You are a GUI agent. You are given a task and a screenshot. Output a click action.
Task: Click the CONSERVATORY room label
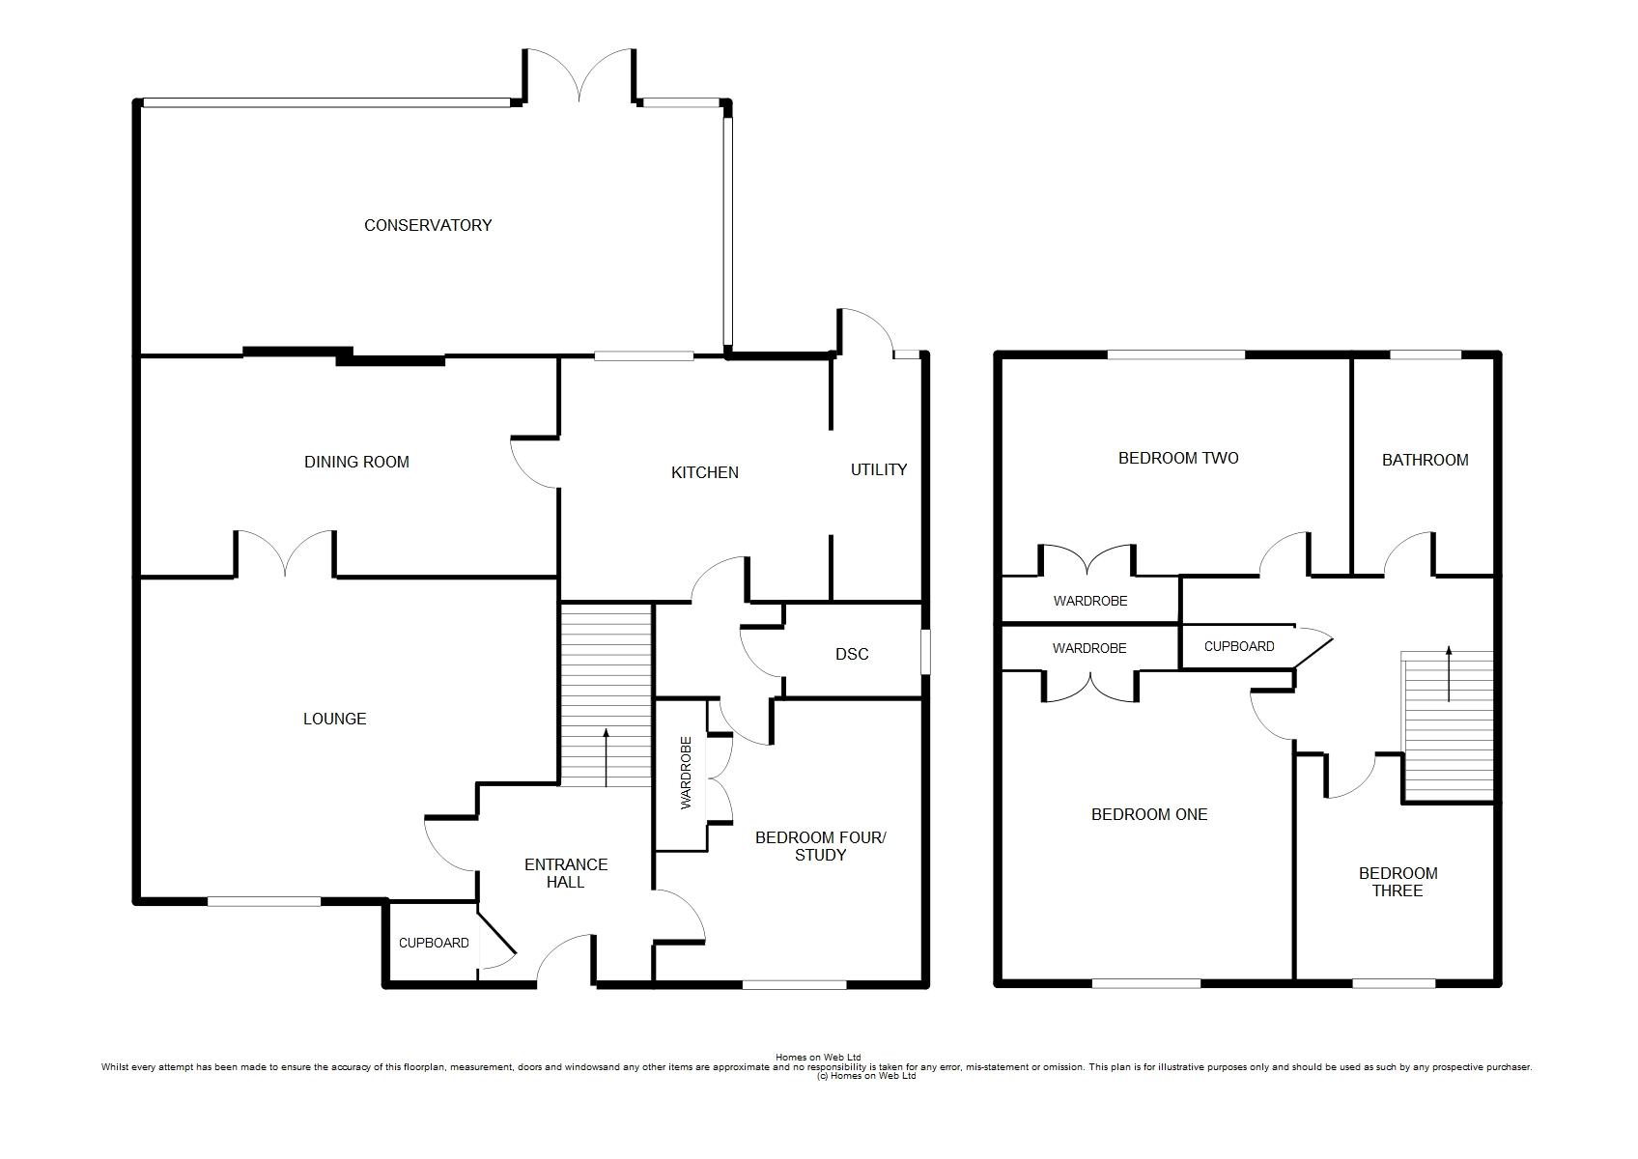click(428, 225)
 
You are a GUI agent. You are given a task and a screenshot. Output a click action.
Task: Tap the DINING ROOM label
click(356, 462)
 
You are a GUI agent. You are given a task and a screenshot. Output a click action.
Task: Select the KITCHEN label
click(705, 473)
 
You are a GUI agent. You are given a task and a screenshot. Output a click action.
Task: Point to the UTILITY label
click(879, 469)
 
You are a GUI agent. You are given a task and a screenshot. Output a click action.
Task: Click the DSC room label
click(852, 655)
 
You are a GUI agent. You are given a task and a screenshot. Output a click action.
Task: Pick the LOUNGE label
click(335, 719)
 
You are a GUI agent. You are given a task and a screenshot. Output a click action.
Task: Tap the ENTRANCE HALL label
click(566, 873)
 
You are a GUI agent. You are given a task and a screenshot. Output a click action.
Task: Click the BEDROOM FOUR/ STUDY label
click(821, 846)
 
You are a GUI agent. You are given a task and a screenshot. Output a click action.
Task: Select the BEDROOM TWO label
click(1178, 459)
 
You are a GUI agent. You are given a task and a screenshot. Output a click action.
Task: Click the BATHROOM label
click(1426, 460)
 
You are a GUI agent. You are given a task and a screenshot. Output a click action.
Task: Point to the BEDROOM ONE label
click(1148, 814)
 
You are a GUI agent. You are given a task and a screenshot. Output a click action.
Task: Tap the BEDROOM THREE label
click(1398, 882)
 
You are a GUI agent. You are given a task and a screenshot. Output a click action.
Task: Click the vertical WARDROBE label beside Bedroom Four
click(686, 773)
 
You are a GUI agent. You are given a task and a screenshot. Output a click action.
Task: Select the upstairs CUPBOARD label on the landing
click(1239, 646)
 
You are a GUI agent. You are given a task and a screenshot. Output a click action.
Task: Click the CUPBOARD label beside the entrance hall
click(434, 944)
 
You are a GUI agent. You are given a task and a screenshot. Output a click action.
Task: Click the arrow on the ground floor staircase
click(606, 757)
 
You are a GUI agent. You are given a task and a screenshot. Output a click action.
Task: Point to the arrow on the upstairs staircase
click(1449, 673)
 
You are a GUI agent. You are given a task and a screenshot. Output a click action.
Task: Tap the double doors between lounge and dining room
click(285, 553)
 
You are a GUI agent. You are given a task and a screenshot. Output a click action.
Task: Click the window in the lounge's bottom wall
click(264, 902)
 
